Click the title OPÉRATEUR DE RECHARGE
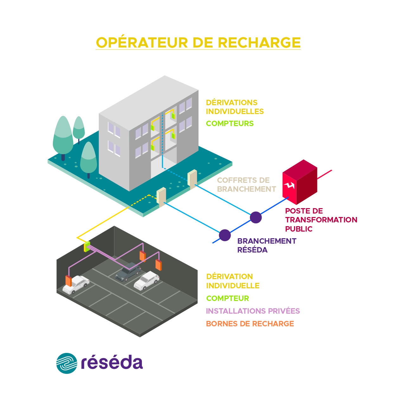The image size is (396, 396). tap(198, 43)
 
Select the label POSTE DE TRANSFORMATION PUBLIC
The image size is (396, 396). tap(321, 220)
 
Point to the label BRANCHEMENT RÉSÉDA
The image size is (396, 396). tap(266, 246)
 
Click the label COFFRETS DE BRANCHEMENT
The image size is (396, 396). tap(246, 185)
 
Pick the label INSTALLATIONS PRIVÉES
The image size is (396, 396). tap(252, 311)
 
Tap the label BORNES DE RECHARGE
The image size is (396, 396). tap(250, 324)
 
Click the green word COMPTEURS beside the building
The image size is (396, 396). tap(230, 124)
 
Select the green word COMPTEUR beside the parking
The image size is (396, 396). tap(227, 298)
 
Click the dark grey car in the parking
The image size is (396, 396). tap(128, 272)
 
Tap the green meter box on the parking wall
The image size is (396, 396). tap(87, 246)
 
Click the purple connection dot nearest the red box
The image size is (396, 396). tap(256, 218)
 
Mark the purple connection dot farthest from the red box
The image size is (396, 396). tap(225, 235)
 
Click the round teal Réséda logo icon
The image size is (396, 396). tap(67, 363)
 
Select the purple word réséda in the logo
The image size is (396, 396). tap(112, 363)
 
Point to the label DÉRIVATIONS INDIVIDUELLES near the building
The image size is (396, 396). tap(234, 107)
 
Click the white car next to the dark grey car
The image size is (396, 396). tap(146, 280)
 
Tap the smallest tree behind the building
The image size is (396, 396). tap(79, 128)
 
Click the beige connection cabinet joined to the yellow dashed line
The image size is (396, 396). tap(161, 196)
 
